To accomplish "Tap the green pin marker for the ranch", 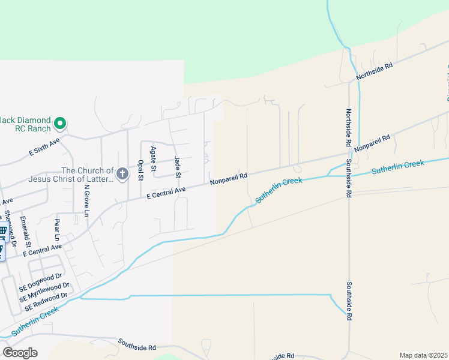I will pos(60,124).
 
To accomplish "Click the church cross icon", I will pos(122,175).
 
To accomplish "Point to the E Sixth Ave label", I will pos(45,147).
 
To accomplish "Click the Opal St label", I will pos(140,170).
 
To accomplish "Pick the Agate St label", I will pos(154,157).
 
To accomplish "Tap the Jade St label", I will pos(177,167).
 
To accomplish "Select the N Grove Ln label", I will pos(86,200).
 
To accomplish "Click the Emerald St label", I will pos(25,231).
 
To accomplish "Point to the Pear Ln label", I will pos(57,227).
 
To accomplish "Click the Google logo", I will pos(20,353).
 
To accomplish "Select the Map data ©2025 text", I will pos(423,355).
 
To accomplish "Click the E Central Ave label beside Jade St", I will pos(166,191).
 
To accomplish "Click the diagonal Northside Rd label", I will pos(373,71).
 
